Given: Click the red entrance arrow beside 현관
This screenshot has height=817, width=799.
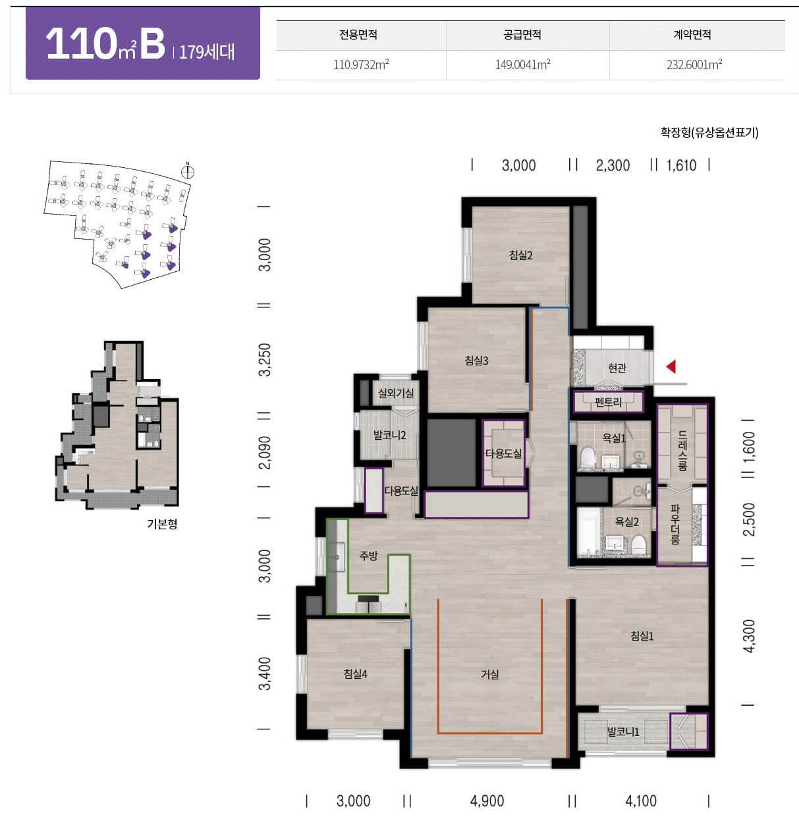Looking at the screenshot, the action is coord(671,367).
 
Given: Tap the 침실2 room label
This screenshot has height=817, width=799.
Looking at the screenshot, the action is coord(521,255).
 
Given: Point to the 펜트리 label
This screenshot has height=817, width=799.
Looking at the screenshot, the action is coord(608,402).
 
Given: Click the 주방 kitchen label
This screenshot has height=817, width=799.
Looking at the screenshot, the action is coord(369,556).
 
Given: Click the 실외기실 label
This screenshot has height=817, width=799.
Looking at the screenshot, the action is coord(396,394).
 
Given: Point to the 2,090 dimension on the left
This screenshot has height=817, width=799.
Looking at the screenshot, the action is coord(265,452).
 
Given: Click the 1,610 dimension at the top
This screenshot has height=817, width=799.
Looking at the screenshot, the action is coord(681,165).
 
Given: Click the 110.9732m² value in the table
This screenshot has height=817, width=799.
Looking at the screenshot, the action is coord(361,65).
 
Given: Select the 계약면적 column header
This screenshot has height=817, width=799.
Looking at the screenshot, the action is coord(692,34).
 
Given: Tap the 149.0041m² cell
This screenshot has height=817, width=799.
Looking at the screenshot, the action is coord(522,65).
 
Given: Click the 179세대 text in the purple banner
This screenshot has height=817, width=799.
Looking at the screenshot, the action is coord(207,52).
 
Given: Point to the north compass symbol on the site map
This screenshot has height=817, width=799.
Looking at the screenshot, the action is coord(187,171).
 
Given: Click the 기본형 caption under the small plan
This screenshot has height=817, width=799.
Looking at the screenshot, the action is coord(162,524).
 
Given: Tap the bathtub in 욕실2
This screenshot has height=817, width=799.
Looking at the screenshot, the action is coord(588,533).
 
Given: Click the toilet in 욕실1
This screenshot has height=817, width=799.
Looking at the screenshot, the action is coord(588,458).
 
